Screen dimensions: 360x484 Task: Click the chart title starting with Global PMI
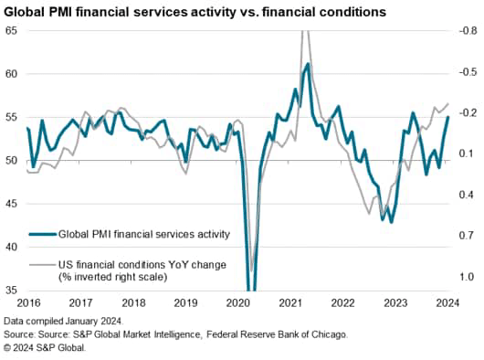click(194, 12)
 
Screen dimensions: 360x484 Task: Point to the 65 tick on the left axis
click(11, 30)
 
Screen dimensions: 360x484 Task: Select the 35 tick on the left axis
click(11, 290)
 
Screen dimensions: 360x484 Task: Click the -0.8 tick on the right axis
click(466, 30)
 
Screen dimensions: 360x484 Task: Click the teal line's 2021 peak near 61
click(308, 64)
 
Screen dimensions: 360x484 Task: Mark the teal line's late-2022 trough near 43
click(392, 221)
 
